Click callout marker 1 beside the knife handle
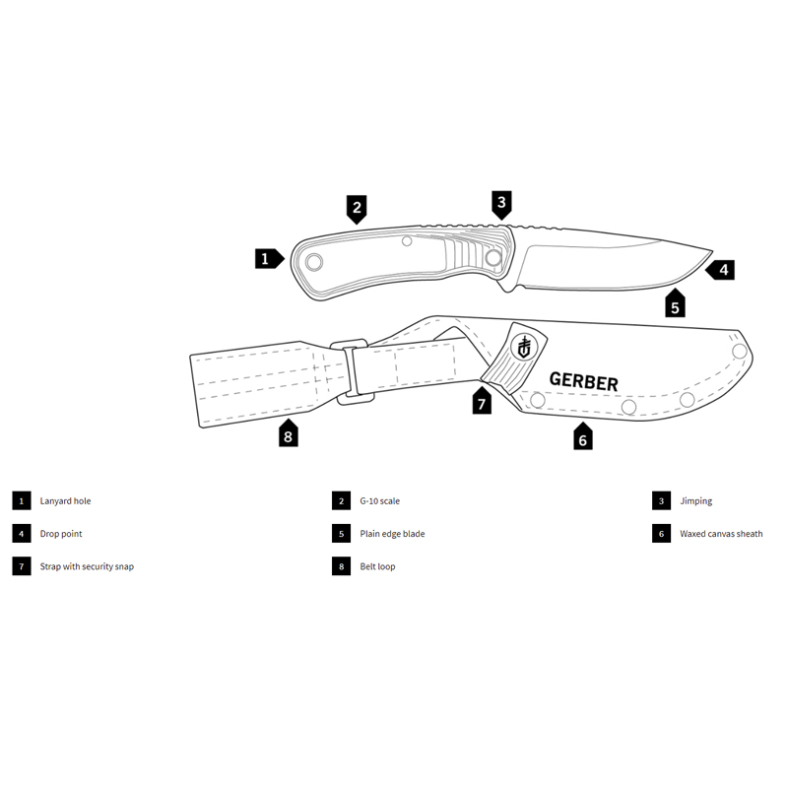269,259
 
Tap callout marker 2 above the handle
357,209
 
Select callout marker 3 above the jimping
501,205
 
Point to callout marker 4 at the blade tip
720,270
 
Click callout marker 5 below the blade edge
675,303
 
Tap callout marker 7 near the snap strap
482,400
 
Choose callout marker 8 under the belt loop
289,433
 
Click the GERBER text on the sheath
583,382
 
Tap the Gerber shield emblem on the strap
524,347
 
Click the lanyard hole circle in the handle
314,262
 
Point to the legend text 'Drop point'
61,534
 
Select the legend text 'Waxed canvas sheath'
721,534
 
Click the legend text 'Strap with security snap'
87,566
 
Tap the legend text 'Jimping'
696,501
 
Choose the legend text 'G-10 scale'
380,501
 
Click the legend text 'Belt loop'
377,566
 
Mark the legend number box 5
341,534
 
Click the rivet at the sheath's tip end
740,351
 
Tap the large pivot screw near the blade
493,258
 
